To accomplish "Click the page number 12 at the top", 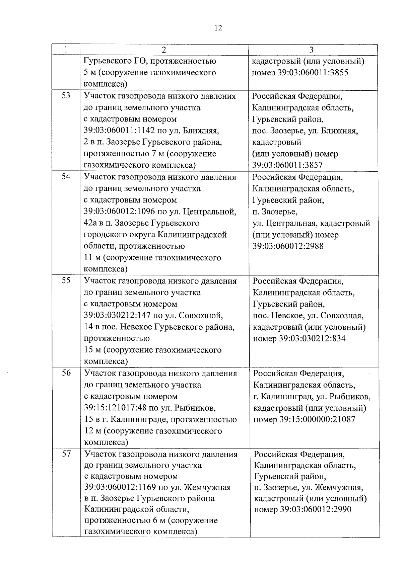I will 218,28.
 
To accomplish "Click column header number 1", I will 66,50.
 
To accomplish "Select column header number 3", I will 311,50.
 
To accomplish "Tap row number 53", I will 66,96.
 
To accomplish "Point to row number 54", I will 66,177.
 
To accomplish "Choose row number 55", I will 66,280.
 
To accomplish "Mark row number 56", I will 66,373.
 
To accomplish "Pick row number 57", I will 67,454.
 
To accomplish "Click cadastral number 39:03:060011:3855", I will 313,73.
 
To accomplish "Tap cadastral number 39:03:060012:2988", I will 288,246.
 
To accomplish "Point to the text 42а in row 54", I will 89,223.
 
